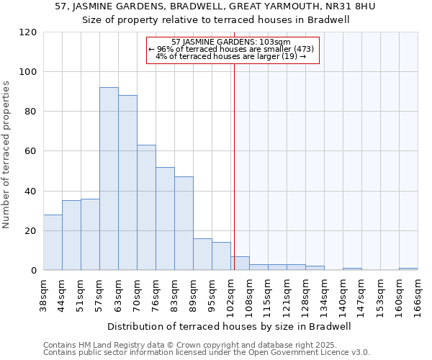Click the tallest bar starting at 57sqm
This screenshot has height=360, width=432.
point(109,179)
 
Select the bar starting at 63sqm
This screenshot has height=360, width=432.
point(127,183)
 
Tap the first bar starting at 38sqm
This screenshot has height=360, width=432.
point(53,243)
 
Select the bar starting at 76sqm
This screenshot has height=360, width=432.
point(165,219)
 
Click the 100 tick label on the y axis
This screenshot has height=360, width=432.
point(28,72)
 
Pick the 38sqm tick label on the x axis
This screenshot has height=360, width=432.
point(44,292)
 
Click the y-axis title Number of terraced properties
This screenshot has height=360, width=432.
point(7,155)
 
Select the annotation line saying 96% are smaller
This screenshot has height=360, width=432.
point(231,49)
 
